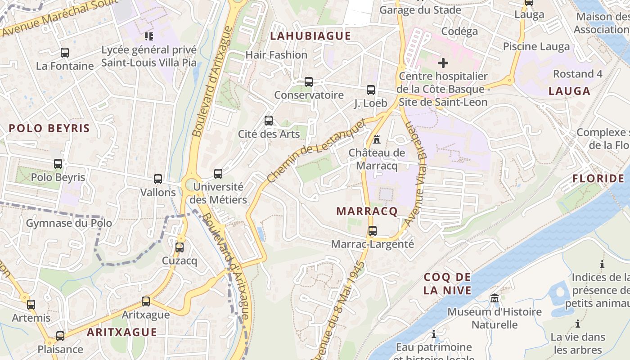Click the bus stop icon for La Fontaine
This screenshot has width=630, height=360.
65,53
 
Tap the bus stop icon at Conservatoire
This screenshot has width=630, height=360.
308,82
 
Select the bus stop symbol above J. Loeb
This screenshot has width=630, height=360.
370,90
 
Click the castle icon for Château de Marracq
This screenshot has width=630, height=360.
377,139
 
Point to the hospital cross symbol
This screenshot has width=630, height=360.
443,63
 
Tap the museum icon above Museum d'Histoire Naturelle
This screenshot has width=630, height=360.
495,298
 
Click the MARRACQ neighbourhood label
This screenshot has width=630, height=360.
367,211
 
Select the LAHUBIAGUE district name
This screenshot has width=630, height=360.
310,36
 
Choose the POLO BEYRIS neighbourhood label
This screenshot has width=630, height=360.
49,128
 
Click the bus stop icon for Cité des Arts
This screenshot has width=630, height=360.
269,121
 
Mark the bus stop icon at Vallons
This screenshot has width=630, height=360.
158,179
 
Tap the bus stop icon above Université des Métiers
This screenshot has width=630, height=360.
218,174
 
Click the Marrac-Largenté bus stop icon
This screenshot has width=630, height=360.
373,231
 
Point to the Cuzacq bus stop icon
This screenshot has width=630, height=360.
180,247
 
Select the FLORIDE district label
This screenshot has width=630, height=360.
598,179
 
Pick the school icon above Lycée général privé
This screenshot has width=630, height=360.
148,36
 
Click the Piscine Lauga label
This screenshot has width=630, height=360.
536,46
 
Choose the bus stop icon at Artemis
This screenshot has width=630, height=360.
31,305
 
